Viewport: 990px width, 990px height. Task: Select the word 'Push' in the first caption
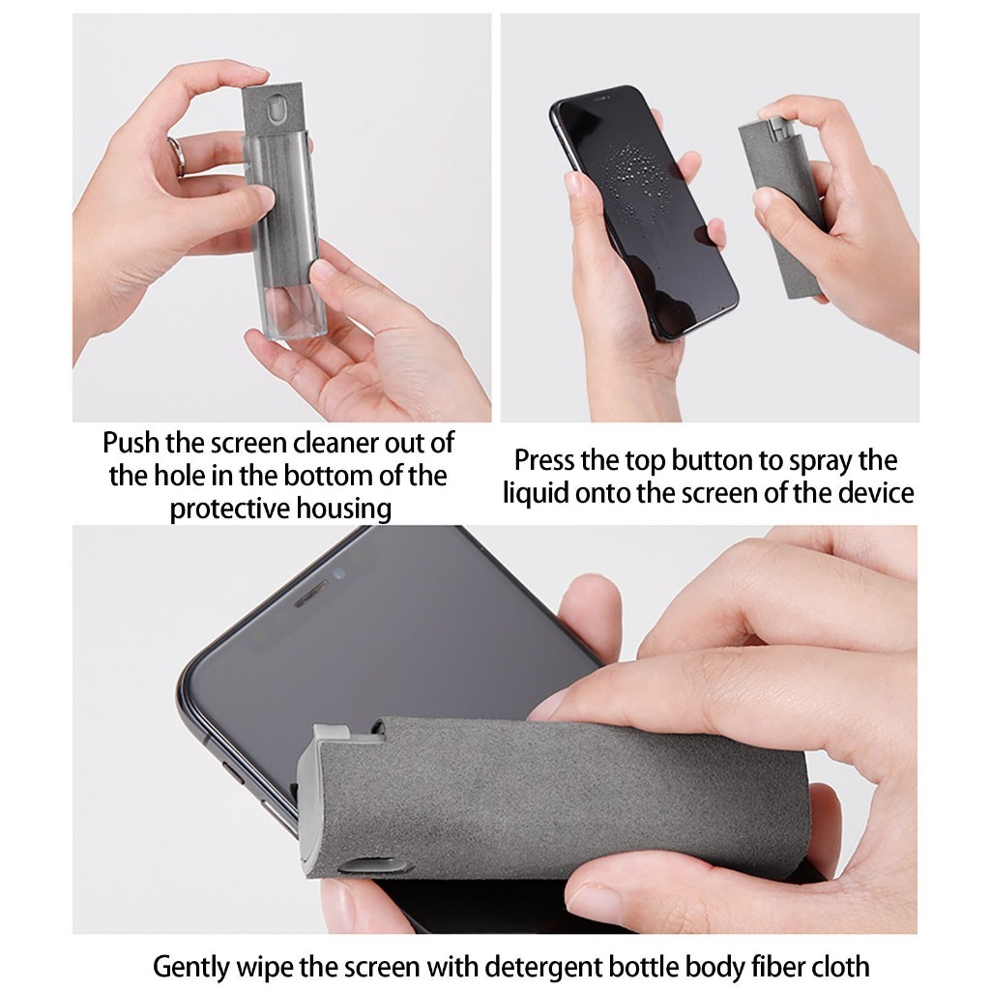click(131, 443)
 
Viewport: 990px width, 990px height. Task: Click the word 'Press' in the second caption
click(544, 460)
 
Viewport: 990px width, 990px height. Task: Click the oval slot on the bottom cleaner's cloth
click(371, 865)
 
